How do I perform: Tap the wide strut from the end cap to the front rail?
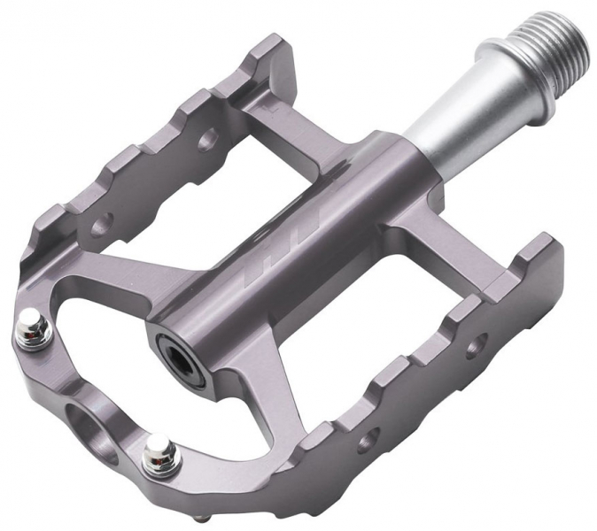tap(266, 381)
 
